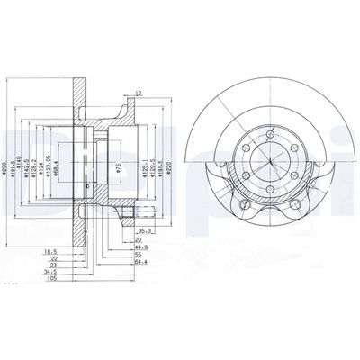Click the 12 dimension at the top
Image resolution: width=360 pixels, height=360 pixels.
[138, 93]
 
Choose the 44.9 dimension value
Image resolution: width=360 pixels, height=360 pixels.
[139, 248]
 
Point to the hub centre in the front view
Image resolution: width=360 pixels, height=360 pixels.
[269, 164]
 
